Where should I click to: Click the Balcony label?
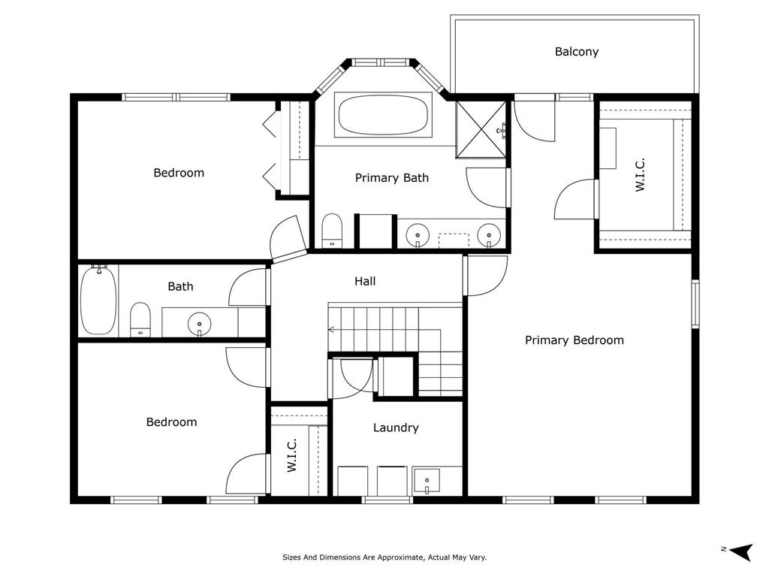click(x=576, y=52)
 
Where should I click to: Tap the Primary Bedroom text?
click(x=574, y=340)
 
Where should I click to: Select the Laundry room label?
click(x=396, y=427)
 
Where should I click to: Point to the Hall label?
click(x=365, y=281)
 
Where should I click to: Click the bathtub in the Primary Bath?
click(x=383, y=115)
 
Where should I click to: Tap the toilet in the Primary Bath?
click(x=332, y=230)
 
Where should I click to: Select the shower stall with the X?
click(x=481, y=129)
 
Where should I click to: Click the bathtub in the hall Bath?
click(x=98, y=300)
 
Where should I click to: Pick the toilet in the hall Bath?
click(x=140, y=319)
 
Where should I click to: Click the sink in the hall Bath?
click(x=200, y=324)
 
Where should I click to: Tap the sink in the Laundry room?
click(x=427, y=481)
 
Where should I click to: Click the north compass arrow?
click(x=740, y=551)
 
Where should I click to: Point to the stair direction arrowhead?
click(x=331, y=330)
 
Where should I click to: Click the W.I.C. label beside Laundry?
click(x=292, y=456)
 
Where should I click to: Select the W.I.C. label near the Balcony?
click(x=640, y=174)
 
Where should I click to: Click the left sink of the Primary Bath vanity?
click(x=418, y=235)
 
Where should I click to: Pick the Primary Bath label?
click(x=392, y=177)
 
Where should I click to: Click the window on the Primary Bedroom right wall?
click(x=695, y=304)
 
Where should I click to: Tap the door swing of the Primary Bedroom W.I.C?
click(x=569, y=197)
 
